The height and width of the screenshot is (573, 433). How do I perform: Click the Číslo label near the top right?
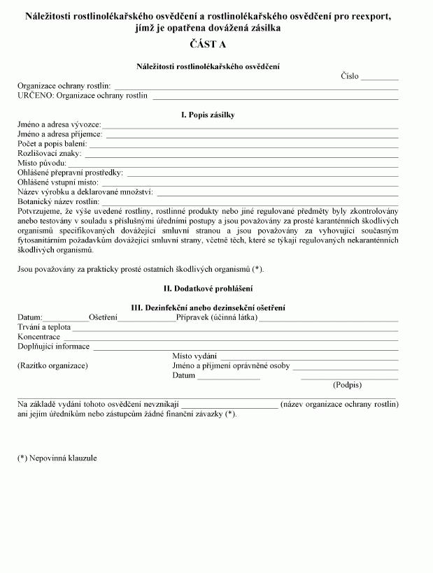[x=350, y=76]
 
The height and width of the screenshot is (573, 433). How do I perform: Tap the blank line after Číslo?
[x=380, y=78]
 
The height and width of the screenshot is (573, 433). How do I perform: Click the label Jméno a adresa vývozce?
[x=59, y=124]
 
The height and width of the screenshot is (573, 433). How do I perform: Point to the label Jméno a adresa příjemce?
[x=59, y=133]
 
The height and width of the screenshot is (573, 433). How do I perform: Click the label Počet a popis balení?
[x=52, y=143]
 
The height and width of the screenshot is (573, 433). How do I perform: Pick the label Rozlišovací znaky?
[x=49, y=153]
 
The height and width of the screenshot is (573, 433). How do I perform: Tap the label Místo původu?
[x=41, y=163]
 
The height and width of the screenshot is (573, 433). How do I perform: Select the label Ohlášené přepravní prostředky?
[x=70, y=172]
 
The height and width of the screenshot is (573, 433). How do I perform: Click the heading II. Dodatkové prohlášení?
[x=208, y=289]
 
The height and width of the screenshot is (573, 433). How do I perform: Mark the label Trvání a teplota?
[x=43, y=327]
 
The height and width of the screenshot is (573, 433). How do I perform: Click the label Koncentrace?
[x=38, y=337]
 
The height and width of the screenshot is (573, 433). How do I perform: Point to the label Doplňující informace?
[x=53, y=347]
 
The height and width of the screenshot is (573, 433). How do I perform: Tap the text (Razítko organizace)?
[x=52, y=365]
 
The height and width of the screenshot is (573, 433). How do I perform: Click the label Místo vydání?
[x=194, y=356]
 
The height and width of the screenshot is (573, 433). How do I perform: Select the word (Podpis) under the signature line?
[x=348, y=385]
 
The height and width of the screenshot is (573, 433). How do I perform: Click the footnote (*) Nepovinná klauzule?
[x=57, y=458]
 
